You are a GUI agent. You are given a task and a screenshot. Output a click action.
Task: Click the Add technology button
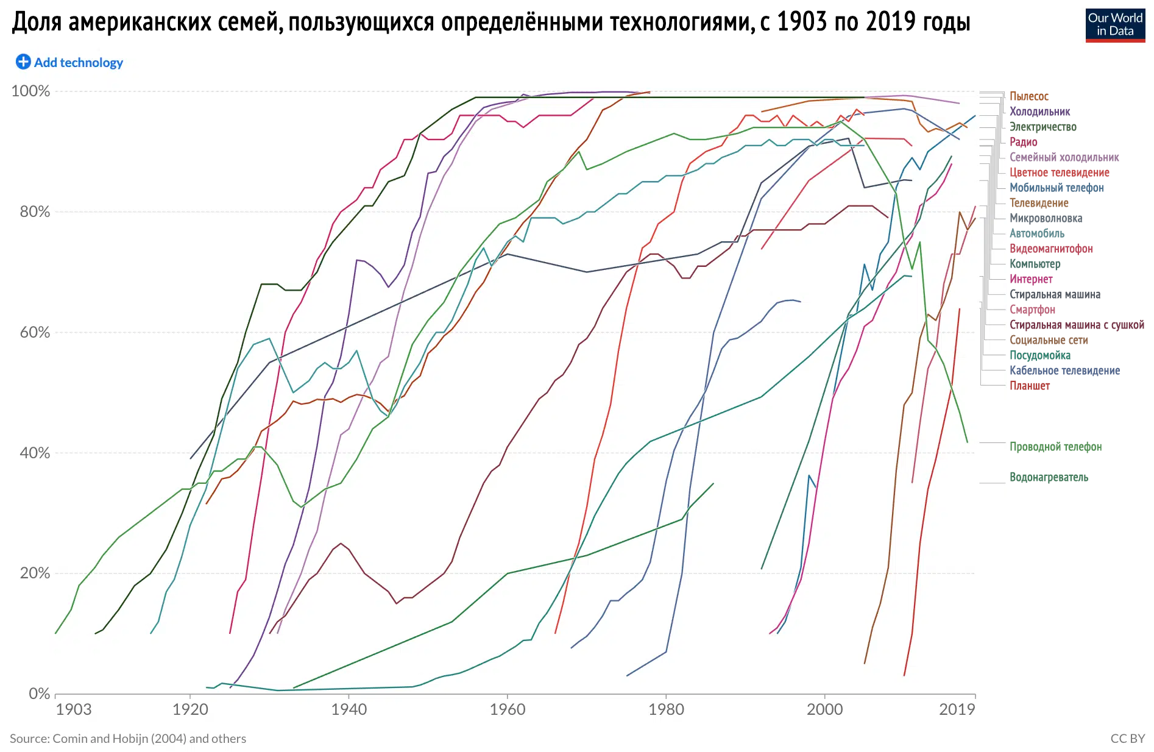point(69,62)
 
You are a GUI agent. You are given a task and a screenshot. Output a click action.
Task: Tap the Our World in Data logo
point(1114,25)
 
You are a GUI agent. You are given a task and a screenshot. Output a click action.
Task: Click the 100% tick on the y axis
point(30,91)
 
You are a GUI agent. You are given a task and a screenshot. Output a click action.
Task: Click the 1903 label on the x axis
point(73,709)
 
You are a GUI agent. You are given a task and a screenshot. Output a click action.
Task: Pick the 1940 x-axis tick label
point(349,709)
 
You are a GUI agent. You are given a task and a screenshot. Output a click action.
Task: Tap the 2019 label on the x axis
point(957,709)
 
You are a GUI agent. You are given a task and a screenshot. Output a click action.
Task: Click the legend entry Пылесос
point(1028,96)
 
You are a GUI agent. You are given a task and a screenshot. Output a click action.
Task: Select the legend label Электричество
point(1042,127)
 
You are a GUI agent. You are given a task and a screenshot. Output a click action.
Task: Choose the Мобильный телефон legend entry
point(1056,188)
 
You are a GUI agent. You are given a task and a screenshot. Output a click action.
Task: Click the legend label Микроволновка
point(1046,218)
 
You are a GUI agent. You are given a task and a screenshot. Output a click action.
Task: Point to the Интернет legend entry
point(1031,279)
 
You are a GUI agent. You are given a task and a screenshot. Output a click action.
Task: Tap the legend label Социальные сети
point(1048,340)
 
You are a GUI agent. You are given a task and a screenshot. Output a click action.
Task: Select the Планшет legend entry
point(1029,386)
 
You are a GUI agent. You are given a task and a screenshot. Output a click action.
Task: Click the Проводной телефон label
point(1055,447)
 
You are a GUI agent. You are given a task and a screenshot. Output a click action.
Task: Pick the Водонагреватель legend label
point(1048,477)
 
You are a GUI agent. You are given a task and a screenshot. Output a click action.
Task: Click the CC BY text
point(1127,739)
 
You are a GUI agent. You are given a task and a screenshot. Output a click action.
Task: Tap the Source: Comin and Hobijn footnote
point(128,739)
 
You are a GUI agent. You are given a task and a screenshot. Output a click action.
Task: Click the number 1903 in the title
point(802,22)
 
